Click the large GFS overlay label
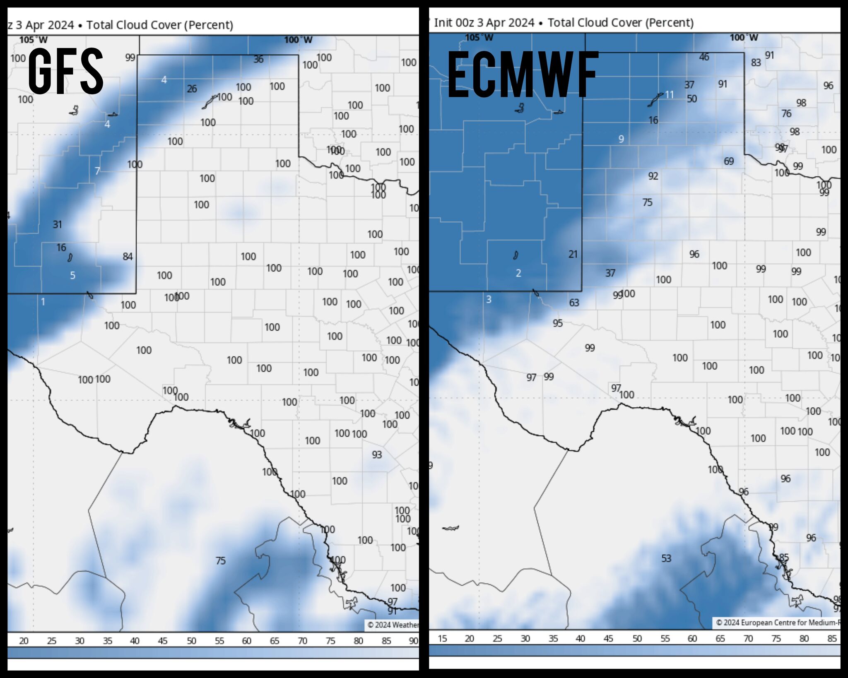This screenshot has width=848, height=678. tap(66, 71)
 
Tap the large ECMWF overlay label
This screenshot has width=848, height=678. tap(523, 75)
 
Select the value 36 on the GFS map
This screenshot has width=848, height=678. tap(258, 59)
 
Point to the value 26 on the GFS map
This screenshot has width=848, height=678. tap(192, 89)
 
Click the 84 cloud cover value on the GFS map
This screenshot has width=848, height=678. tap(128, 257)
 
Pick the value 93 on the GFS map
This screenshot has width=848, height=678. tap(377, 455)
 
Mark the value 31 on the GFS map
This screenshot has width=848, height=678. tap(57, 225)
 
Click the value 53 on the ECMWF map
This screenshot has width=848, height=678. tap(666, 558)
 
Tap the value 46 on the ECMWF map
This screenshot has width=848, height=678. tap(704, 57)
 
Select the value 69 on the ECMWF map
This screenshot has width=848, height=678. tap(729, 161)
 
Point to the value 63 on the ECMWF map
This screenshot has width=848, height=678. tap(574, 303)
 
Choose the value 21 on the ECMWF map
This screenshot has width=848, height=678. tap(573, 254)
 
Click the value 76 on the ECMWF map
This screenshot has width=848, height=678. tap(786, 113)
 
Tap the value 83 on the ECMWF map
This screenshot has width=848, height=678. tap(756, 63)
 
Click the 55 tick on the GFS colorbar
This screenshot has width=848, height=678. tap(219, 641)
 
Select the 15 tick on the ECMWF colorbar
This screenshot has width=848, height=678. tap(442, 638)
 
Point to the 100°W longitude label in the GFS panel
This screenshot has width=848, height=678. tap(298, 40)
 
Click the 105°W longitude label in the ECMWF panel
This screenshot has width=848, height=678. tap(479, 38)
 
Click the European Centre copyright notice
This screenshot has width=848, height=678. tap(777, 623)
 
